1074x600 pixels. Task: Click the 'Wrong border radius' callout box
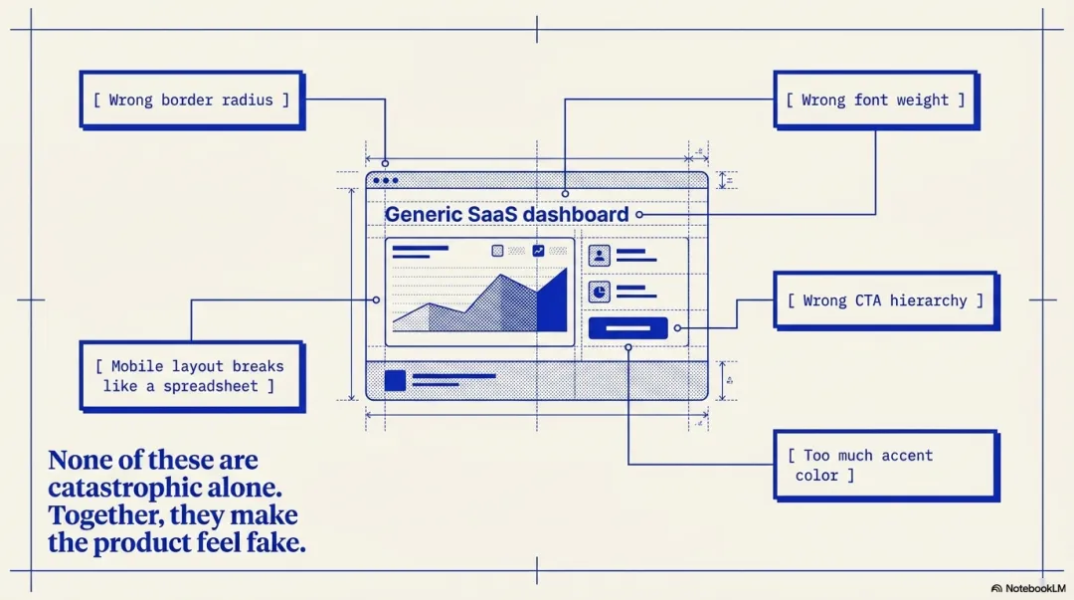[x=191, y=100]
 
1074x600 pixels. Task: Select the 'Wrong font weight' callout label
[x=875, y=100]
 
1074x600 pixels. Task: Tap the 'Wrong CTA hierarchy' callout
[x=885, y=300]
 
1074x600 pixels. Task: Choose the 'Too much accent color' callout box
[x=885, y=465]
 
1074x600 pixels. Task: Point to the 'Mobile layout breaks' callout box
[x=191, y=376]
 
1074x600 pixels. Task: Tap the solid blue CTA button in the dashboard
[x=627, y=327]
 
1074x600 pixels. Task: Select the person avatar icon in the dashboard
[x=600, y=256]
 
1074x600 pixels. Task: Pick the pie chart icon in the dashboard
[x=600, y=292]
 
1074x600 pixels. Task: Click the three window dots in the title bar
[x=385, y=181]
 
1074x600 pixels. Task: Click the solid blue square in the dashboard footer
[x=395, y=380]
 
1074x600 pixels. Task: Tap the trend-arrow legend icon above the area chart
[x=538, y=251]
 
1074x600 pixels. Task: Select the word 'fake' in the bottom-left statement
[x=277, y=543]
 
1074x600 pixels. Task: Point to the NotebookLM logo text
[x=1034, y=588]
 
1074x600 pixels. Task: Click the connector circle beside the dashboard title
[x=639, y=214]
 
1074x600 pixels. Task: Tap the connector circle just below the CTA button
[x=628, y=347]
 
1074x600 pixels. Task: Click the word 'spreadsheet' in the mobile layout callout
[x=210, y=386]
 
